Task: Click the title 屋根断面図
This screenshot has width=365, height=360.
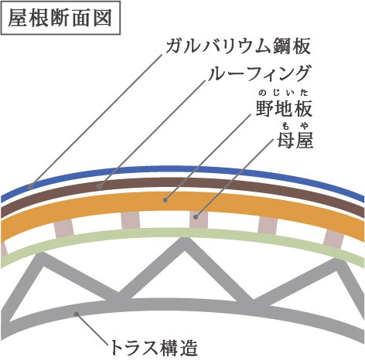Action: point(60,18)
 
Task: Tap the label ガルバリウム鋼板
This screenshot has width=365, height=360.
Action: point(238,46)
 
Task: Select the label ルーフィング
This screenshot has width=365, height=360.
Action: point(259,73)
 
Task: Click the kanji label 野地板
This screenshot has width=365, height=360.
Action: point(284,109)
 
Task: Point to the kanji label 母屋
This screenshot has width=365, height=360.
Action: point(295,141)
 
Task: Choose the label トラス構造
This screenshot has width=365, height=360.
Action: point(154,348)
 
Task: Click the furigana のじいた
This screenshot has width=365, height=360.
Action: point(284,92)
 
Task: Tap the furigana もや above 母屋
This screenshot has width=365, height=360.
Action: point(295,126)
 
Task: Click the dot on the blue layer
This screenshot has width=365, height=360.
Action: point(31,186)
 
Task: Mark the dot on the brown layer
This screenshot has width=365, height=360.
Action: point(100,186)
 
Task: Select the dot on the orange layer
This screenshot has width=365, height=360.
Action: point(165,200)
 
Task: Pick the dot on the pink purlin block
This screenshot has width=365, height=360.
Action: point(196,217)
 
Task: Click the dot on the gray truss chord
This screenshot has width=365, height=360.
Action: point(77,314)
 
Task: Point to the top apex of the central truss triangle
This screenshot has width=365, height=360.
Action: point(184,238)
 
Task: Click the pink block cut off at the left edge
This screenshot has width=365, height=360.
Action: point(3,250)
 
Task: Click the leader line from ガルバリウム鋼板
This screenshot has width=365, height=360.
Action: point(97,121)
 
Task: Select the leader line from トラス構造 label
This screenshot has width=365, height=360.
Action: point(92,329)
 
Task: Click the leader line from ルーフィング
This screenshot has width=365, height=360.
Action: point(152,133)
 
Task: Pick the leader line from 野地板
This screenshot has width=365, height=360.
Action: point(208,157)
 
